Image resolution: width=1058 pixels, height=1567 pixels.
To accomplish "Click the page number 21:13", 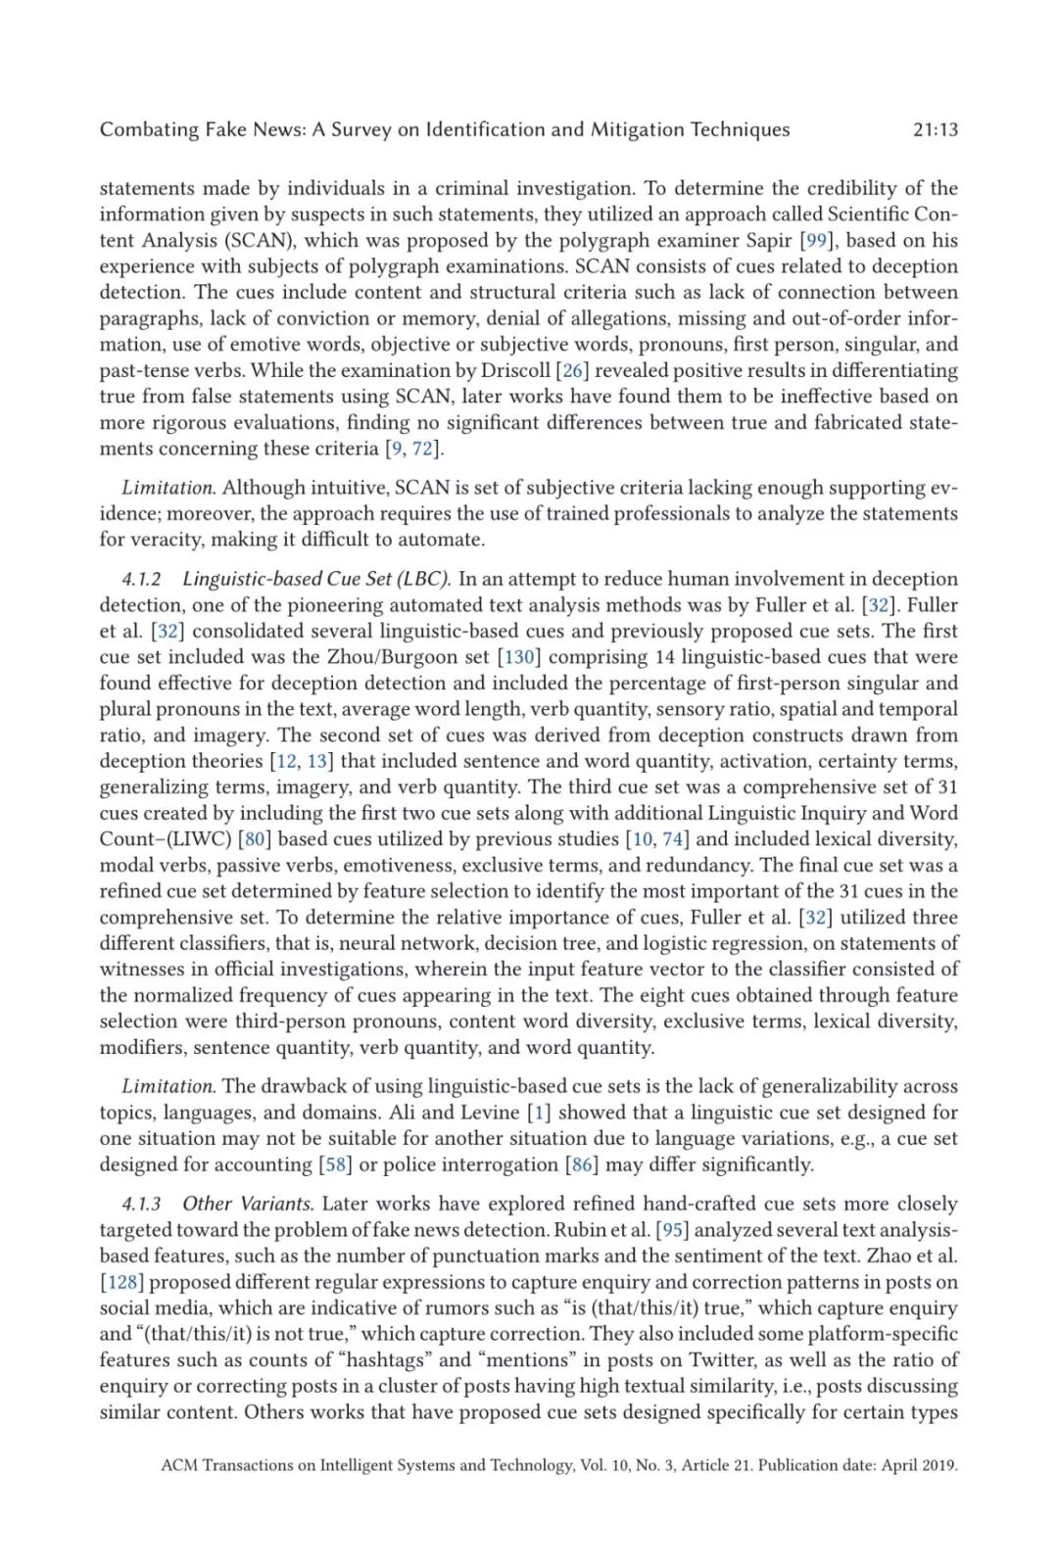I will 935,129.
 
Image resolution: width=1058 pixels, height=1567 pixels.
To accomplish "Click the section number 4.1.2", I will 141,579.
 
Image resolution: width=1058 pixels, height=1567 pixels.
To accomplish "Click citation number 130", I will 519,657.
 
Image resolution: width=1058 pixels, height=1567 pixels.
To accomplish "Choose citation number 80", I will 255,839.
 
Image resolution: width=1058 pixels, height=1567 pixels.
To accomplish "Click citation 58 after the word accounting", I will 335,1164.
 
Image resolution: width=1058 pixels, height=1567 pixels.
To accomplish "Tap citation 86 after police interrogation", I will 582,1164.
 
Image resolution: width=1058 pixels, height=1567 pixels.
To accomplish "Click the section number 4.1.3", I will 141,1204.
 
